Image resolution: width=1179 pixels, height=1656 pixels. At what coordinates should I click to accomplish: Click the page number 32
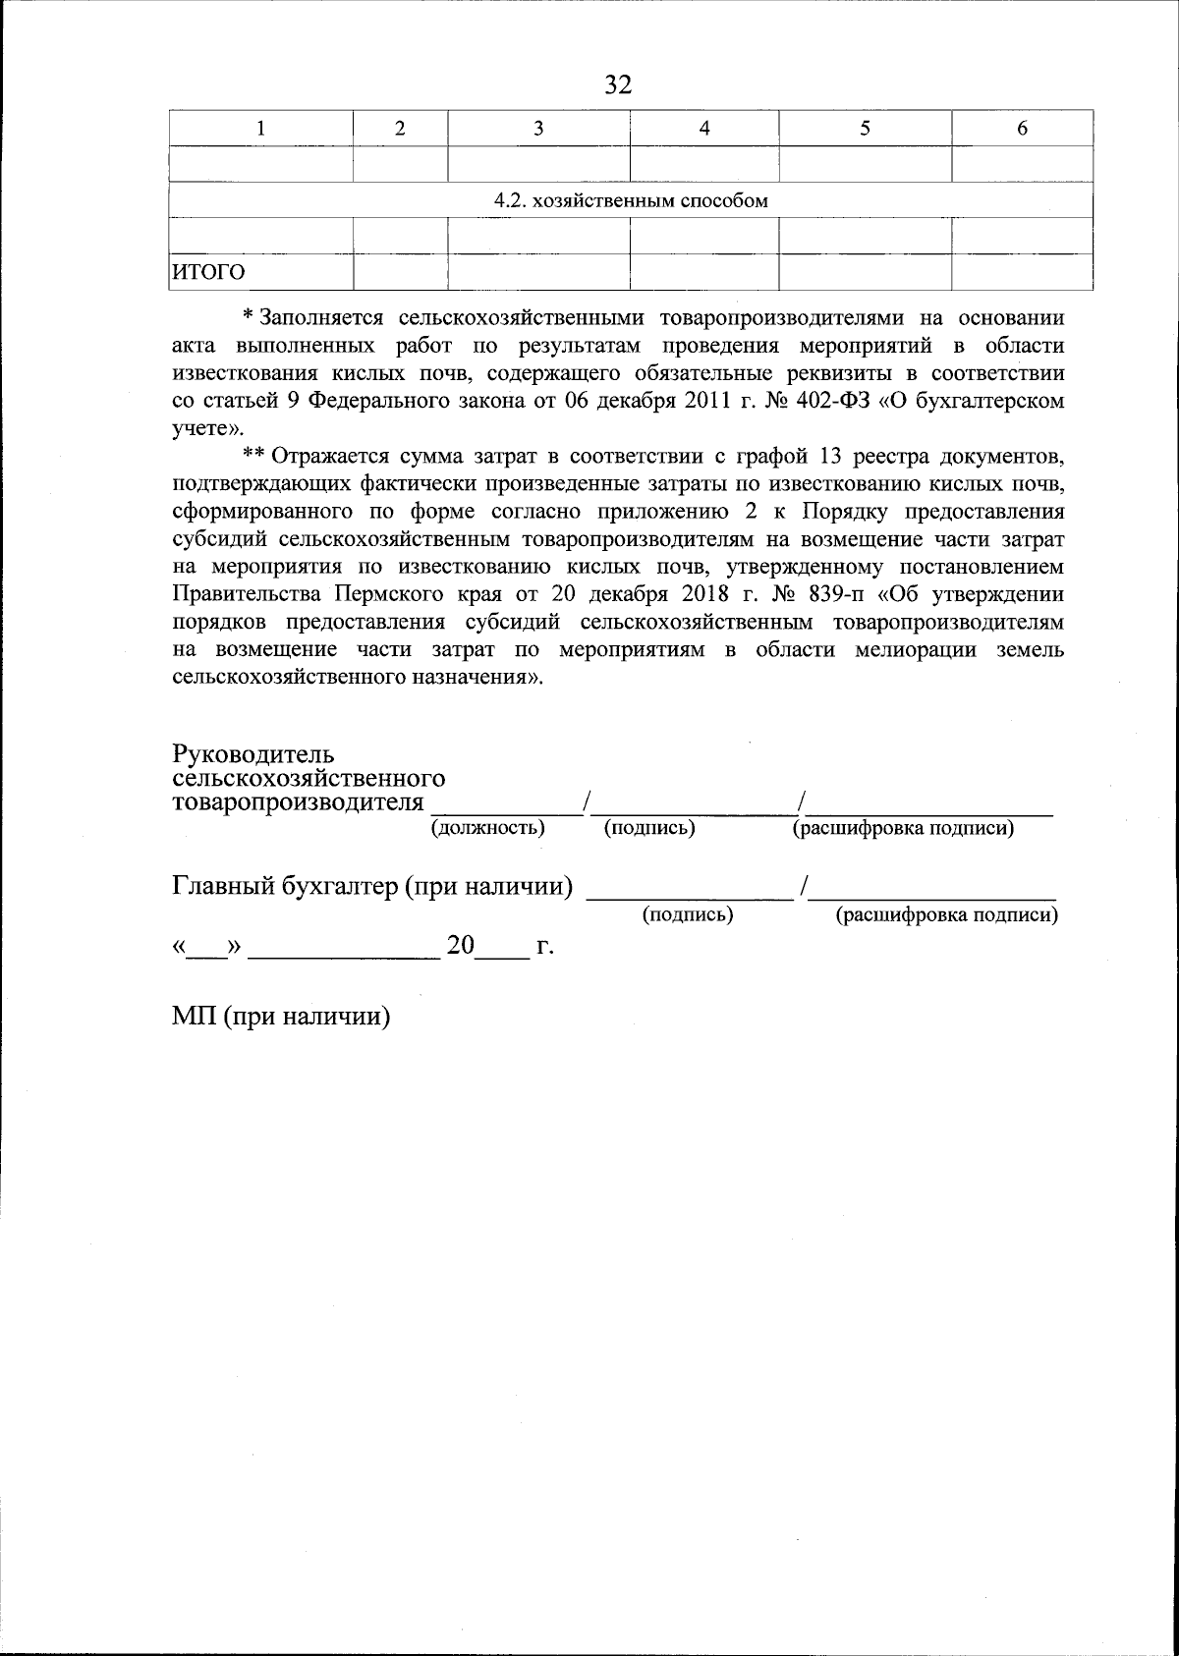click(617, 84)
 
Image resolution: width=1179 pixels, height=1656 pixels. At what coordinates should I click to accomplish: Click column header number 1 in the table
click(260, 128)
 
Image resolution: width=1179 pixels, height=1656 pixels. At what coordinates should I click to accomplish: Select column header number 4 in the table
click(703, 128)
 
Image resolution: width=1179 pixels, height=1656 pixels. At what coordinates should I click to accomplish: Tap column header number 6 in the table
click(1022, 128)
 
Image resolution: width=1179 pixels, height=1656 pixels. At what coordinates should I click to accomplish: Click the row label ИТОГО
click(209, 272)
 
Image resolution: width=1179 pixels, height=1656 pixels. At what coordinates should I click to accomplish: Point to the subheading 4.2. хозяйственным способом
click(630, 201)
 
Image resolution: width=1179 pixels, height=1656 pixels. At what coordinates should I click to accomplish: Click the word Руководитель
click(253, 754)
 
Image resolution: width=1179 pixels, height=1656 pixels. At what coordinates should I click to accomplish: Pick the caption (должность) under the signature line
click(488, 828)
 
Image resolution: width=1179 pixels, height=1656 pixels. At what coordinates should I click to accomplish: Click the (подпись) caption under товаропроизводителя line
click(649, 828)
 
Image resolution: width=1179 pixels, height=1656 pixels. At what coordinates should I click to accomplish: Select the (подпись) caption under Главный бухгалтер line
click(688, 914)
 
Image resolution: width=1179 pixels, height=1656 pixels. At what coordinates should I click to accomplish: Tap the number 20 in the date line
click(461, 946)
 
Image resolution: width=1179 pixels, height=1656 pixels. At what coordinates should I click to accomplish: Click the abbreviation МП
click(193, 1017)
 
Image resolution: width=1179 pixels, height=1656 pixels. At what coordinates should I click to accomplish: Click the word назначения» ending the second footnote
click(473, 678)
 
